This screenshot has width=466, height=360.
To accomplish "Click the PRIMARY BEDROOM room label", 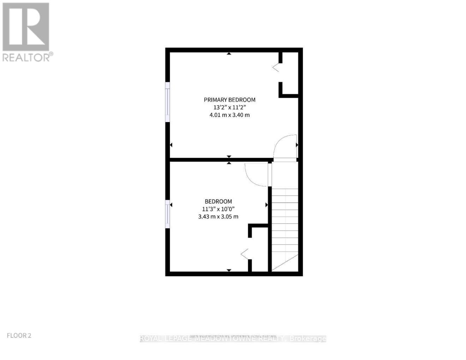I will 229,100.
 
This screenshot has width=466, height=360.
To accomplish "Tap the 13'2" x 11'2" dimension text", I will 229,107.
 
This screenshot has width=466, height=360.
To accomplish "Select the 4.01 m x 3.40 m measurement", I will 229,115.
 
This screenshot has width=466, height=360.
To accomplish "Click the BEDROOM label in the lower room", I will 218,201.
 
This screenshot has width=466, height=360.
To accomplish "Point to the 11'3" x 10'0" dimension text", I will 218,209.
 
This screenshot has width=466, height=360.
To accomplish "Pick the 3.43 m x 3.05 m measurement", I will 218,216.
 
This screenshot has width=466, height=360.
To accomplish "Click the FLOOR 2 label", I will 19,335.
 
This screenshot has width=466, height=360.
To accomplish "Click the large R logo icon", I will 26,26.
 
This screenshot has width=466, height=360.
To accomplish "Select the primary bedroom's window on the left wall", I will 168,103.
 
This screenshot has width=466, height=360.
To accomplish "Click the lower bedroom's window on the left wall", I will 168,214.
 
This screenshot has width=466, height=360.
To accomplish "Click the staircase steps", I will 285,226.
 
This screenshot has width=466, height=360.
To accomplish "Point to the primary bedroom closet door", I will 276,67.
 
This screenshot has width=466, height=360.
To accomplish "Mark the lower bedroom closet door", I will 245,253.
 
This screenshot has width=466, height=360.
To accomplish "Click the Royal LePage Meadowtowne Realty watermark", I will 233,339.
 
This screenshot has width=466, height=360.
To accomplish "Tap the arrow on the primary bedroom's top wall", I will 229,54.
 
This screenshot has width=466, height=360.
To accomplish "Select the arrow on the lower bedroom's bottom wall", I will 229,270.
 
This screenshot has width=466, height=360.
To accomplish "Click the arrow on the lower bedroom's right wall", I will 267,205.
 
